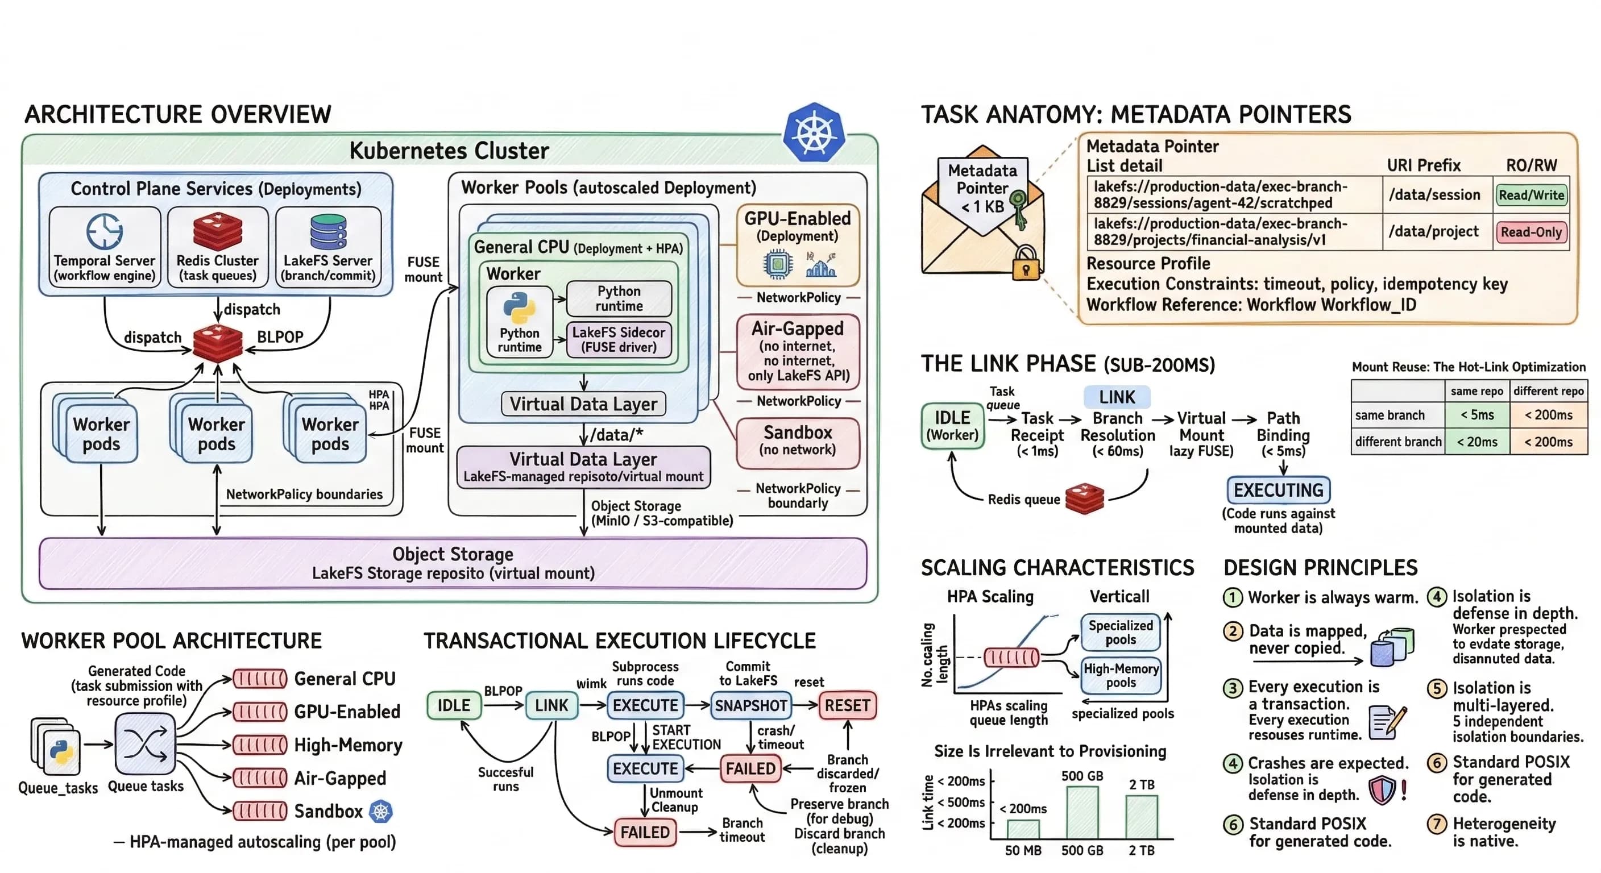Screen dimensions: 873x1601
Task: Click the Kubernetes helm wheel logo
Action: pyautogui.click(x=814, y=133)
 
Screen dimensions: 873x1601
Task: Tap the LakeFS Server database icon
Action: pyautogui.click(x=327, y=232)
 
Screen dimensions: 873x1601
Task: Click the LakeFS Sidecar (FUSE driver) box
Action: pyautogui.click(x=619, y=339)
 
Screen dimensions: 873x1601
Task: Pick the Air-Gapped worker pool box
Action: pyautogui.click(x=798, y=351)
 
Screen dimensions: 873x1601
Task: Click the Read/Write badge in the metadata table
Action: pyautogui.click(x=1531, y=195)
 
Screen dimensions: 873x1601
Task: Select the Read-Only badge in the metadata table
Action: pyautogui.click(x=1531, y=232)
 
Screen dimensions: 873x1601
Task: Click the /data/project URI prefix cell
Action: pyautogui.click(x=1434, y=232)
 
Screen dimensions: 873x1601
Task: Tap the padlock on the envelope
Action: pyautogui.click(x=1026, y=264)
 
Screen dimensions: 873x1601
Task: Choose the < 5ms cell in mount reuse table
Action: pyautogui.click(x=1476, y=414)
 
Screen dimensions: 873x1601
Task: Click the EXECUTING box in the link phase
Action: pyautogui.click(x=1278, y=490)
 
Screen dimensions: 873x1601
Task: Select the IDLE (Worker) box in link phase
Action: pyautogui.click(x=952, y=426)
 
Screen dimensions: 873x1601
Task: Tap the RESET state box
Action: pyautogui.click(x=847, y=705)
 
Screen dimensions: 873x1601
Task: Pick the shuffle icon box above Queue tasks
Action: pyautogui.click(x=145, y=743)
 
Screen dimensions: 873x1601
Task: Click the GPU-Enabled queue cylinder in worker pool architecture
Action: pyautogui.click(x=260, y=712)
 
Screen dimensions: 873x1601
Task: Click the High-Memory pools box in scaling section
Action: pyautogui.click(x=1121, y=675)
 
